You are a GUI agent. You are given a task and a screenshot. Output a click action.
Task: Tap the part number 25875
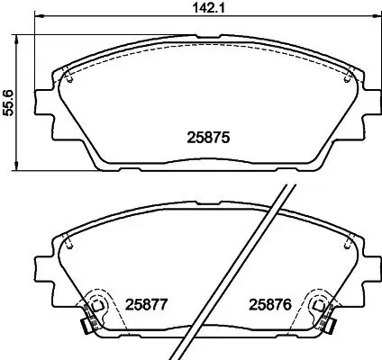(209, 139)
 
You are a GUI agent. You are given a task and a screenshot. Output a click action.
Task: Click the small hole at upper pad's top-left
(69, 76)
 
